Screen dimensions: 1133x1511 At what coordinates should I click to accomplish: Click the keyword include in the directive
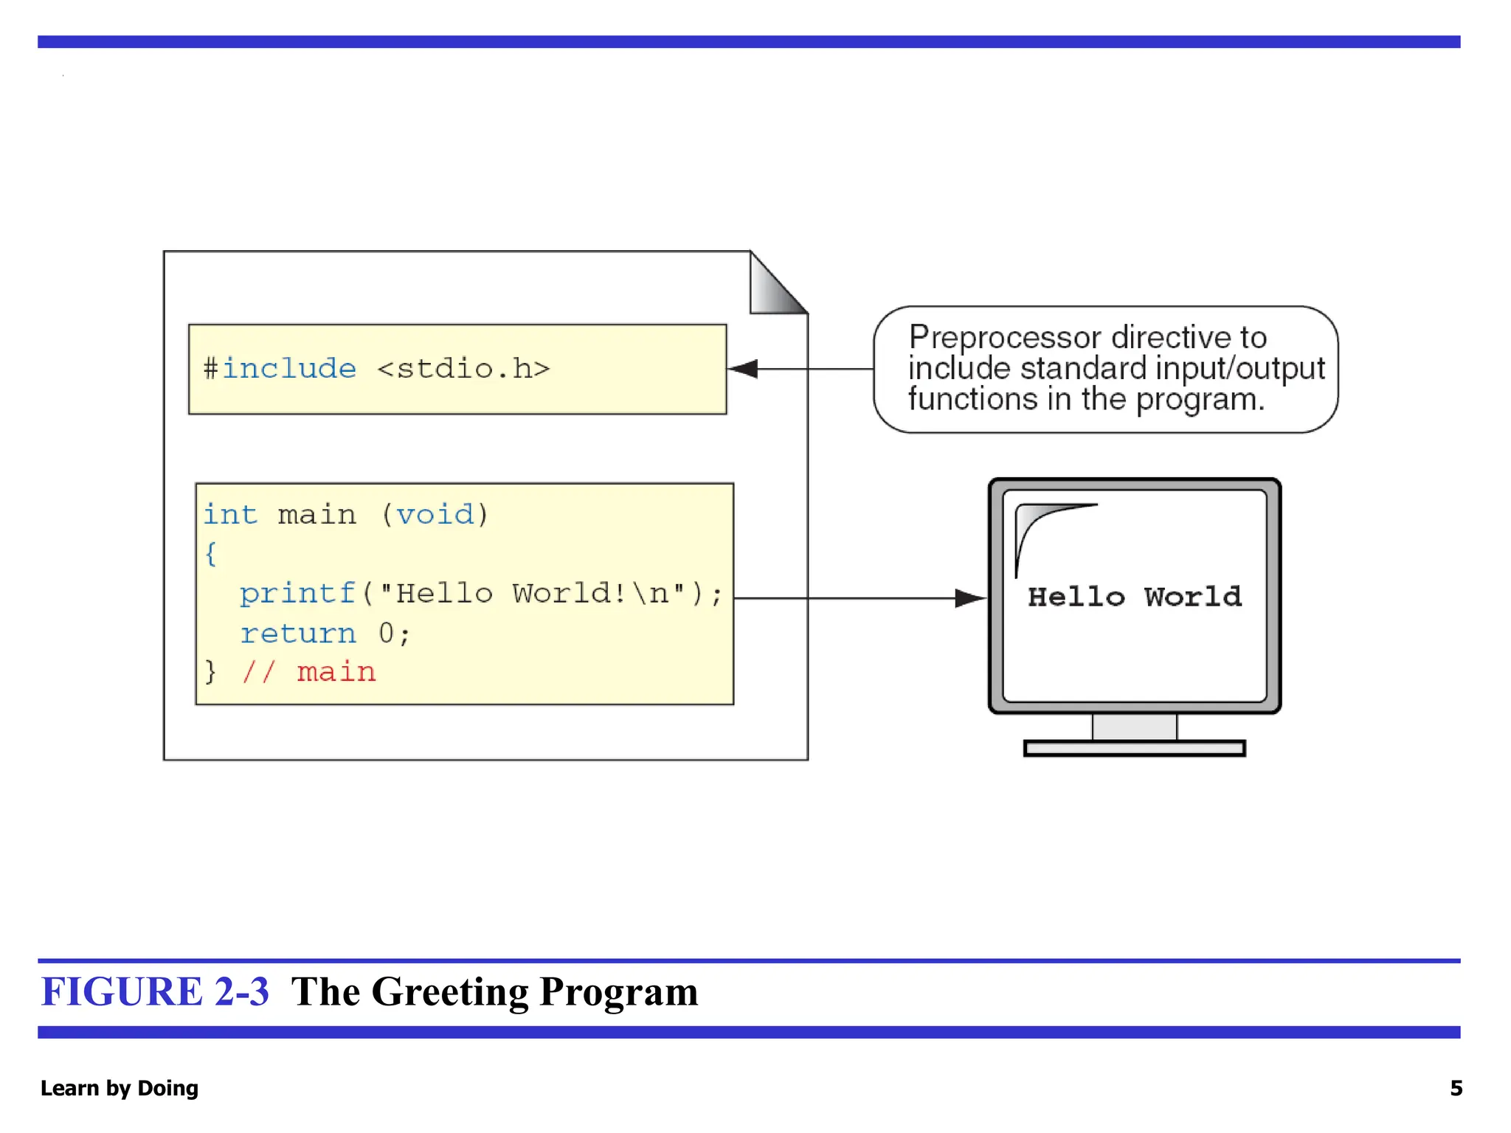click(289, 368)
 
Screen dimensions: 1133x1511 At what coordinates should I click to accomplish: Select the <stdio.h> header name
click(463, 368)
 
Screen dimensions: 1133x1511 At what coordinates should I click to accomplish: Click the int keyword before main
click(230, 514)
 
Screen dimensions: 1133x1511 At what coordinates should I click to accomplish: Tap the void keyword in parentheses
click(435, 514)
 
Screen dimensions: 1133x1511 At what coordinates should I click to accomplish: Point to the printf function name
click(297, 593)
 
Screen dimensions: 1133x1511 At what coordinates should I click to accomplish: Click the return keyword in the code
click(298, 633)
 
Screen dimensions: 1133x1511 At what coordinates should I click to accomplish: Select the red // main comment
click(308, 672)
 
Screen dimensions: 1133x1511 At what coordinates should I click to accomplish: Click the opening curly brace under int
click(211, 553)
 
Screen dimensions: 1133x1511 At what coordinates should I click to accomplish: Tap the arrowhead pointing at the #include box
click(744, 369)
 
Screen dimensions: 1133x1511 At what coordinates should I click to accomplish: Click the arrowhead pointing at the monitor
click(969, 598)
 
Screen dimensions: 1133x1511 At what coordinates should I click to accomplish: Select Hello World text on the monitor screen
click(1135, 597)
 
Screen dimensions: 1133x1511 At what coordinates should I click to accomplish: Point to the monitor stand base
click(1135, 749)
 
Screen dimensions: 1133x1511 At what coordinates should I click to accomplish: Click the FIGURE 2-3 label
click(155, 991)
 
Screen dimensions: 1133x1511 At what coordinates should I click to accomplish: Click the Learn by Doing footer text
click(120, 1088)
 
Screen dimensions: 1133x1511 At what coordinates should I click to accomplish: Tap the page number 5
click(1456, 1088)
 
